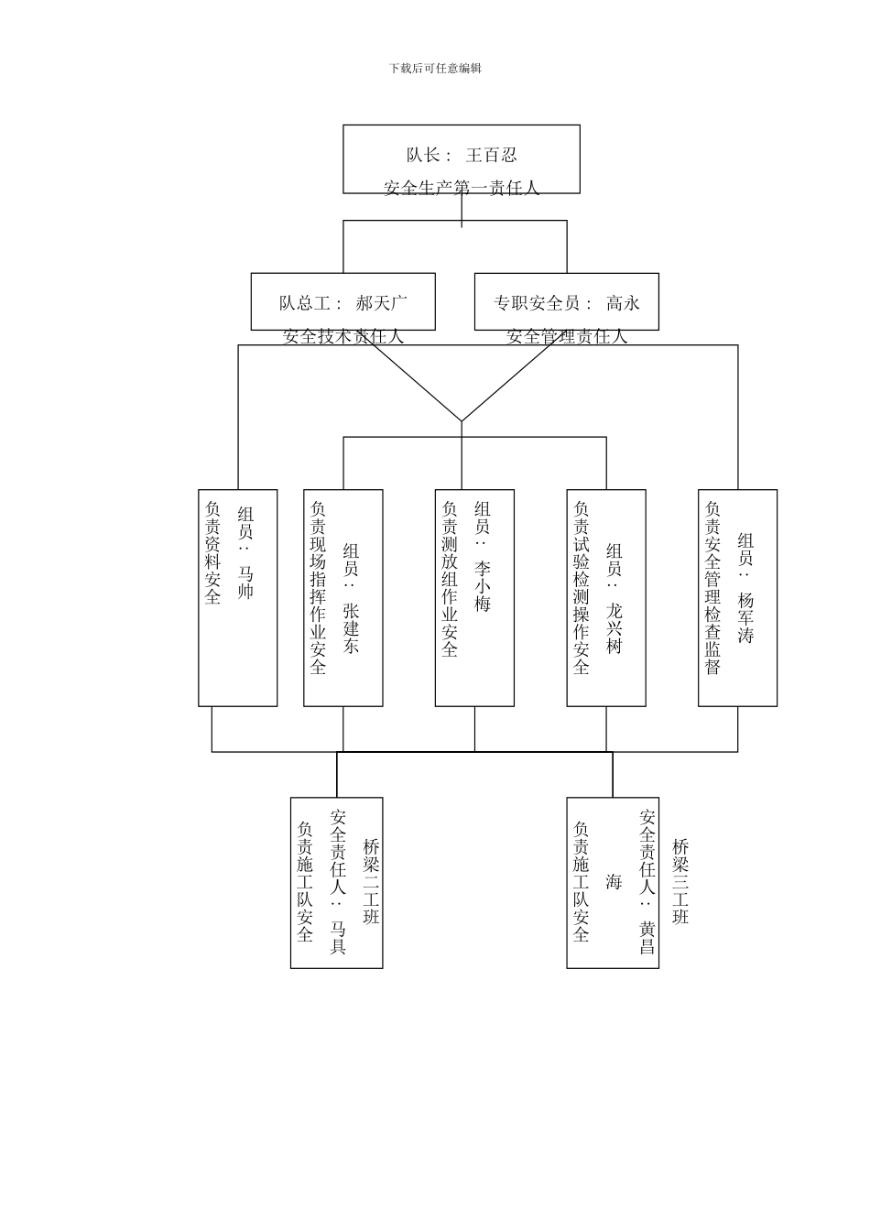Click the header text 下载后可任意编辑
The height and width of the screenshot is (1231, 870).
[435, 69]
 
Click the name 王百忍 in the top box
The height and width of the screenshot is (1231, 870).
[491, 156]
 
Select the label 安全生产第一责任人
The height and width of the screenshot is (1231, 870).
[462, 189]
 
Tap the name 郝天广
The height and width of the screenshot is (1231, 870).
[382, 303]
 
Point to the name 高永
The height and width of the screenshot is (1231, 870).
[623, 303]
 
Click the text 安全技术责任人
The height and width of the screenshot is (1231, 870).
[343, 337]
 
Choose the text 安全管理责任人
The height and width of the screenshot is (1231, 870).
[567, 337]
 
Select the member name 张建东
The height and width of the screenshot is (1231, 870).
[352, 627]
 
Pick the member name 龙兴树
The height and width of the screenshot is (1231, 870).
[614, 627]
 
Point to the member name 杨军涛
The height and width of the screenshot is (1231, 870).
[745, 618]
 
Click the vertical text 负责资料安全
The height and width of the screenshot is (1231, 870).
[212, 552]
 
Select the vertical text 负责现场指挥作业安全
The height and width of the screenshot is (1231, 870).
[318, 587]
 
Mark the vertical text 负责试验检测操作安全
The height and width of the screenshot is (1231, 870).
[581, 587]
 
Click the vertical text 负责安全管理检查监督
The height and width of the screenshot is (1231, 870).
[712, 587]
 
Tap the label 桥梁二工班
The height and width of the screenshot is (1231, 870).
[371, 881]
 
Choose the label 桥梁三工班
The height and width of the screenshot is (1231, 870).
[680, 881]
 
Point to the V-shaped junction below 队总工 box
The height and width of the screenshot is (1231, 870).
[462, 420]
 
